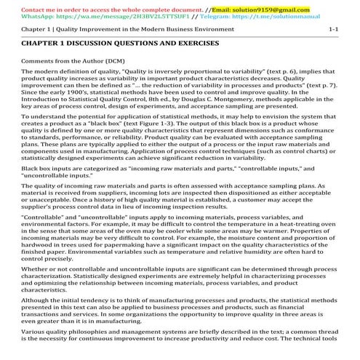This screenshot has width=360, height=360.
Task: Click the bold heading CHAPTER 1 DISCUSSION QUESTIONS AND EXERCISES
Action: [120, 44]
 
